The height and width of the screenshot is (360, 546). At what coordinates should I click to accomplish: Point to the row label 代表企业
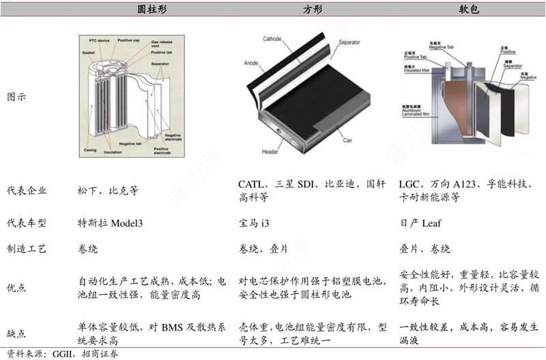(27, 191)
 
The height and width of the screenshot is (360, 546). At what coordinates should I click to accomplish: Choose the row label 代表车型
(27, 223)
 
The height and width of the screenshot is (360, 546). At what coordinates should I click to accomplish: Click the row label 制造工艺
(27, 249)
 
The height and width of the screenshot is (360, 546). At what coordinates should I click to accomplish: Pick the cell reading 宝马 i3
(258, 223)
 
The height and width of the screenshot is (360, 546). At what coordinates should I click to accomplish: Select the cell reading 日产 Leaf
(422, 223)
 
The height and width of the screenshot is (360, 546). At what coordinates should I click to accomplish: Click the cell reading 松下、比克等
(108, 191)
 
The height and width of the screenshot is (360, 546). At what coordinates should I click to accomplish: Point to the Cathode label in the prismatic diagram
(273, 40)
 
